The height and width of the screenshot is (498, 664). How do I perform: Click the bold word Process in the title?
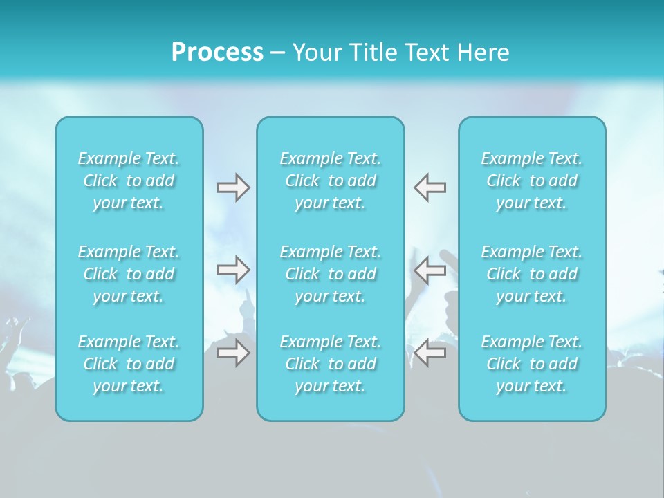coord(217,53)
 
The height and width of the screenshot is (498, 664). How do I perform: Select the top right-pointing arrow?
coord(234,187)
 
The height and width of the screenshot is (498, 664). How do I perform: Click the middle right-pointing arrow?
coord(234,270)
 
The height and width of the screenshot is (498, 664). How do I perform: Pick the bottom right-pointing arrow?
coord(234,353)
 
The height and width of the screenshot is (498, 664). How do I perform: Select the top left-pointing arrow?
coord(430,187)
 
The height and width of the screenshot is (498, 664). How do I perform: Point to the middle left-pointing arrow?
coord(430,270)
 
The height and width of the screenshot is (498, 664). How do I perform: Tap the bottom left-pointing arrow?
coord(430,353)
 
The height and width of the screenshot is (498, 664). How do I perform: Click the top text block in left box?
coord(129,181)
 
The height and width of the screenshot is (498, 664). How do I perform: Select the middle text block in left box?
coord(129,274)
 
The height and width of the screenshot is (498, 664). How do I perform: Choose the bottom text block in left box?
coord(129,364)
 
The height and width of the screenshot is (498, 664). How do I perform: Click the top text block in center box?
coord(331,181)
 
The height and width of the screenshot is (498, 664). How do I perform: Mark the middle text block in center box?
coord(331,274)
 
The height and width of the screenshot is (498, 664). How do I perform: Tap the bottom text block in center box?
coord(331,364)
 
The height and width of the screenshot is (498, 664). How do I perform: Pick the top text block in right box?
coord(532,181)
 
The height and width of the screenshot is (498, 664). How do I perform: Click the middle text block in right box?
coord(532,274)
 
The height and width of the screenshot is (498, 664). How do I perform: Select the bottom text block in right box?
coord(532,364)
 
